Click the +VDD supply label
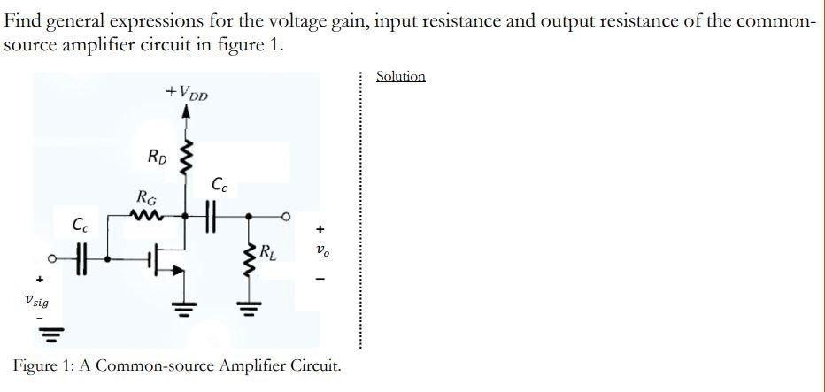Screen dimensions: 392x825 (186, 92)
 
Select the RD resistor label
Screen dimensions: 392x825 (156, 158)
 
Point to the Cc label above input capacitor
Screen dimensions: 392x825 (81, 225)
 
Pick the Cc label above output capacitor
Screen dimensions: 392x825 (220, 185)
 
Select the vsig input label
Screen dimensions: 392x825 (37, 302)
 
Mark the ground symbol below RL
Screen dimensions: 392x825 (248, 309)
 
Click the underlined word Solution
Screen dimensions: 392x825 (400, 76)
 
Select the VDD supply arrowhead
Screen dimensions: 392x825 (186, 112)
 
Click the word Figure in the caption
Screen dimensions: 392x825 (37, 365)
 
